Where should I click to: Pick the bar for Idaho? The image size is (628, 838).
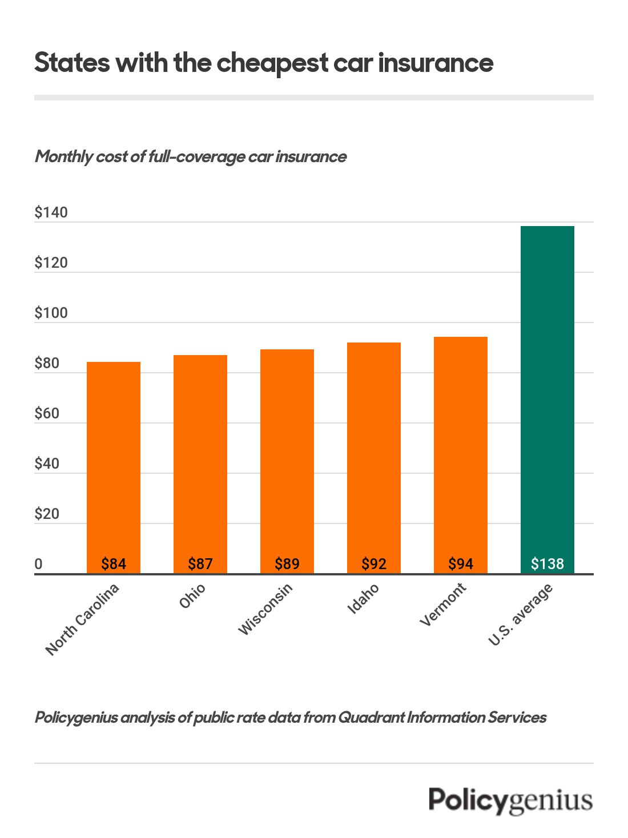[374, 457]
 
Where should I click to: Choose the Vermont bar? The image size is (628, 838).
[461, 454]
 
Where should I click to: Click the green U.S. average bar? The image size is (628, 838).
[548, 400]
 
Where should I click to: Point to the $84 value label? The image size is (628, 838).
[114, 564]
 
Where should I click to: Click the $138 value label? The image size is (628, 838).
[548, 564]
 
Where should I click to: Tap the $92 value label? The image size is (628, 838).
[374, 564]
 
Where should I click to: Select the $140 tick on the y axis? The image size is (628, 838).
[51, 213]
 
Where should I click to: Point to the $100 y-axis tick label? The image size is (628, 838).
[51, 313]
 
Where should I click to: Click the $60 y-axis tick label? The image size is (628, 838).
[47, 414]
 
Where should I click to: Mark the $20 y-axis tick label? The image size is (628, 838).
[47, 514]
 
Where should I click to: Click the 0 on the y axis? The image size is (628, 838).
[38, 565]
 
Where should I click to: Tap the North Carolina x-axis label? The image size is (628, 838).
[82, 619]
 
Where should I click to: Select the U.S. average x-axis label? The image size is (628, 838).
[520, 615]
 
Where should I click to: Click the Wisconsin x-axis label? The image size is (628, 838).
[265, 609]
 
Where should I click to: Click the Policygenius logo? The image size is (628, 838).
[510, 800]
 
